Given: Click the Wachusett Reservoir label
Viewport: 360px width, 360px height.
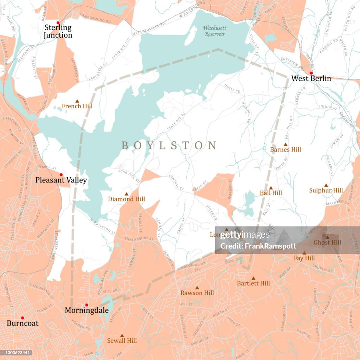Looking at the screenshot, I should click(x=214, y=31).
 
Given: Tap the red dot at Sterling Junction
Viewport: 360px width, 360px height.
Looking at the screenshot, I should click(x=58, y=22).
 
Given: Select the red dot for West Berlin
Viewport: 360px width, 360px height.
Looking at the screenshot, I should click(x=311, y=73).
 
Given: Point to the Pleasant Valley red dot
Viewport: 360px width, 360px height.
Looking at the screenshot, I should click(x=61, y=175).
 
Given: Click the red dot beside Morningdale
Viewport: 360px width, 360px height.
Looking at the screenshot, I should click(x=86, y=305).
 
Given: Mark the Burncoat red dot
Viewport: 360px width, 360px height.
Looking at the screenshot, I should click(x=22, y=318).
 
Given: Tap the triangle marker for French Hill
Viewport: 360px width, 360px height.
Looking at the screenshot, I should click(x=77, y=101).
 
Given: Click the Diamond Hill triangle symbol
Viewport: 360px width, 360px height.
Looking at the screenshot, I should click(x=127, y=194).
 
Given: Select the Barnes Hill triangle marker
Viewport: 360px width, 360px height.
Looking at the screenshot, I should click(x=285, y=144).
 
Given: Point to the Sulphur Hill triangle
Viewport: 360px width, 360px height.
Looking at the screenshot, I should click(x=326, y=185).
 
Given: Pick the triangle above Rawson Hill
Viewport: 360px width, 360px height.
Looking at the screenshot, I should click(x=197, y=288).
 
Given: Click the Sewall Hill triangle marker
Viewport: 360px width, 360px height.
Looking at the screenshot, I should click(x=122, y=335).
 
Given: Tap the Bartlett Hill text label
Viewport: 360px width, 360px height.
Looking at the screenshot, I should click(x=253, y=283).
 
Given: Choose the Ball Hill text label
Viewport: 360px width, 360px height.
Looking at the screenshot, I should click(x=271, y=193).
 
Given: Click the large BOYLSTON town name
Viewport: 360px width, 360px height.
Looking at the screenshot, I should click(x=169, y=146).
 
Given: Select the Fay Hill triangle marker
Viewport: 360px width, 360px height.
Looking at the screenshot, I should click(x=304, y=253).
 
